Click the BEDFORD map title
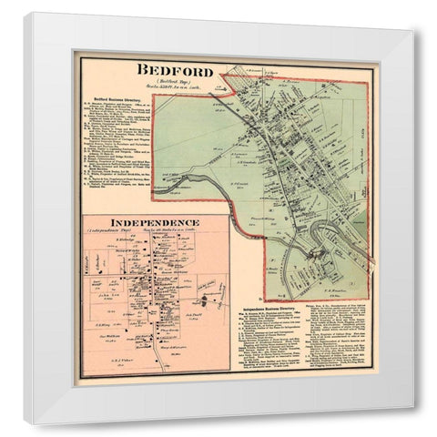coord(176,70)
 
